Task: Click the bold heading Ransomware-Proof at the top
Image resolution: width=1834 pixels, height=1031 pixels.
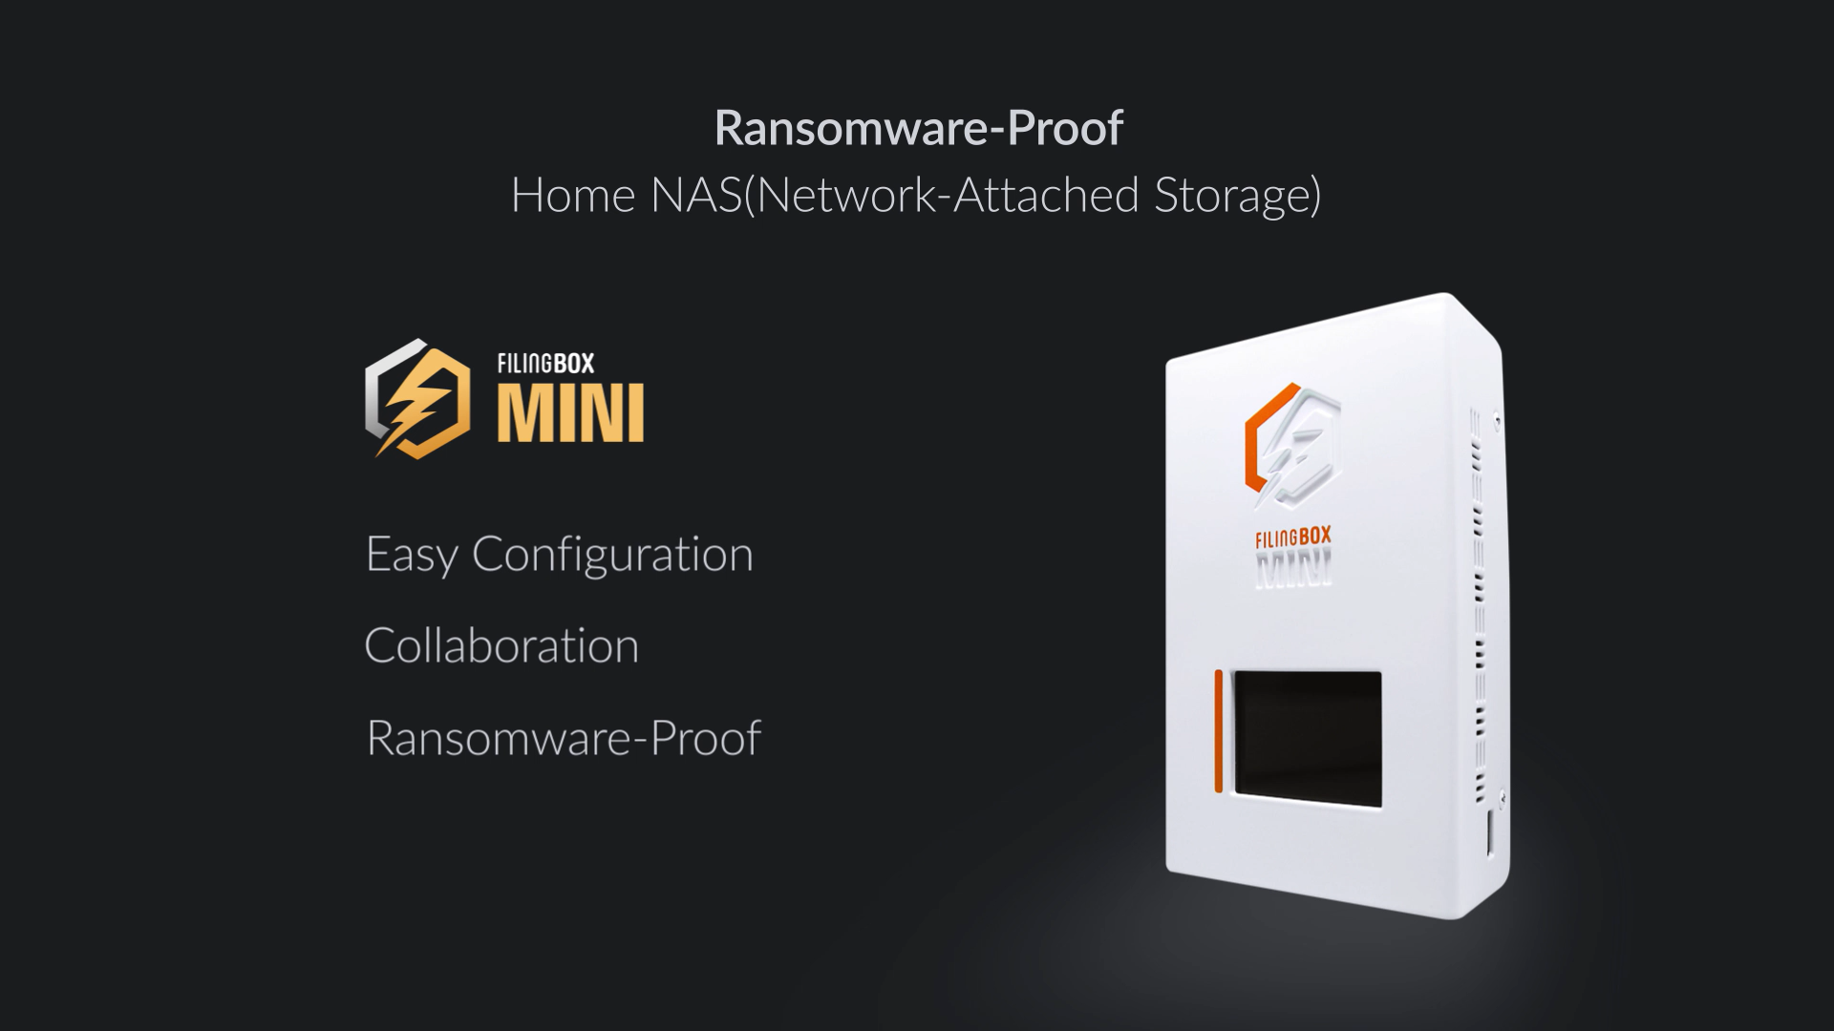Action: (918, 128)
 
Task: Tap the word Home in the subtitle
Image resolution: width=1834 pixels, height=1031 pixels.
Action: (573, 196)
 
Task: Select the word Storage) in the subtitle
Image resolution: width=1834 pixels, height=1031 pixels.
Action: (1238, 196)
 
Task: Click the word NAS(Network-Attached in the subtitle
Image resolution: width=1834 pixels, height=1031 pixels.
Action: (894, 196)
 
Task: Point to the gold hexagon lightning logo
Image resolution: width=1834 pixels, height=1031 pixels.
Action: (417, 400)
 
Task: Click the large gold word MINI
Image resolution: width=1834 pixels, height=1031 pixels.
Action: (570, 412)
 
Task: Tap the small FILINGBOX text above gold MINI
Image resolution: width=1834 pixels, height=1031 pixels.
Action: (545, 364)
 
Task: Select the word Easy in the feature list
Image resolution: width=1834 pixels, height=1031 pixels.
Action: (412, 555)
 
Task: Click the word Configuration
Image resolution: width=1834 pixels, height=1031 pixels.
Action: (612, 555)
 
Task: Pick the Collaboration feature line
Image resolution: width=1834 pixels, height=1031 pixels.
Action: (501, 646)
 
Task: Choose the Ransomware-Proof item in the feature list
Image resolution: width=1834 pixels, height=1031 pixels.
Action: (564, 738)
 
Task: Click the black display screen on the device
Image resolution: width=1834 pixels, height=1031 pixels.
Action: (1308, 738)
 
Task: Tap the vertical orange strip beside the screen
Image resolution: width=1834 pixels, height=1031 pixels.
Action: (1219, 731)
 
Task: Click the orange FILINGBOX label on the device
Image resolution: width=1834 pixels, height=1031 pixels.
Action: (1292, 538)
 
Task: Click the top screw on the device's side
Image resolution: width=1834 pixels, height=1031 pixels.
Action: (1496, 418)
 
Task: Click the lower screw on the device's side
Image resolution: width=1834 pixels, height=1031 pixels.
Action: (1502, 795)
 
